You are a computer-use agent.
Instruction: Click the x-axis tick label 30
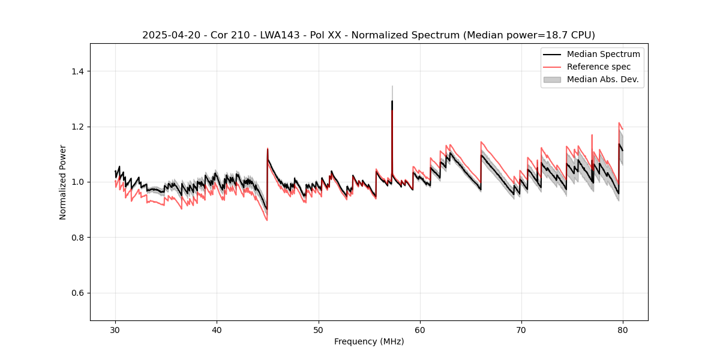(x=115, y=329)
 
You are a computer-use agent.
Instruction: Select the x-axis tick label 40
(x=217, y=329)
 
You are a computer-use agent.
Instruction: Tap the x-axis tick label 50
(x=318, y=329)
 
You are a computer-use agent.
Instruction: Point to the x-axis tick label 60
(x=419, y=329)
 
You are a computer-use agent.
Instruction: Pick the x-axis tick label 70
(x=521, y=329)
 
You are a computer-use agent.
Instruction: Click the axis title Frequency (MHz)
(x=369, y=341)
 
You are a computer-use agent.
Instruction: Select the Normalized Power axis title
(x=63, y=182)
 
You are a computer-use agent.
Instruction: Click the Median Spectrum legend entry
(x=603, y=54)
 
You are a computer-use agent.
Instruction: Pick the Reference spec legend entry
(x=598, y=67)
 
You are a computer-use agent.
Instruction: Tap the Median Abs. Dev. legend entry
(x=602, y=79)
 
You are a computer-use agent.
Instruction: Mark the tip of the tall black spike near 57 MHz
(x=392, y=101)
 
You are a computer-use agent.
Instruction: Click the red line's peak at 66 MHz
(x=481, y=142)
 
